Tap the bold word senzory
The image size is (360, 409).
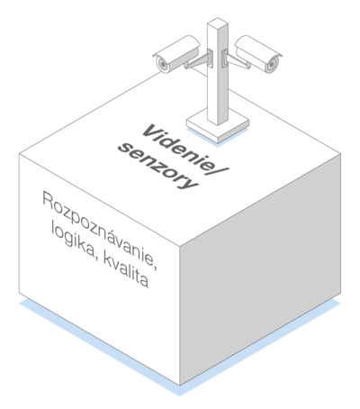pos(158,167)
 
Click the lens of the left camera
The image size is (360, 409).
pos(162,64)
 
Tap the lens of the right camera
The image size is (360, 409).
pos(272,64)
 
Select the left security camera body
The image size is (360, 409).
pos(176,54)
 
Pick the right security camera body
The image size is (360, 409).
pos(258,54)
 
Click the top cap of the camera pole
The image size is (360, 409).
pos(218,23)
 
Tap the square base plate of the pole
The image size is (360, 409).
pos(218,125)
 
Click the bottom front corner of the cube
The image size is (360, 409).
pos(180,386)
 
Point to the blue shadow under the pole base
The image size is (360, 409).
pos(218,139)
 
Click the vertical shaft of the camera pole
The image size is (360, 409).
pos(218,74)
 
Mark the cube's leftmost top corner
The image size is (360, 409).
pos(19,154)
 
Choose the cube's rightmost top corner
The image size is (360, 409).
pos(341,154)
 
